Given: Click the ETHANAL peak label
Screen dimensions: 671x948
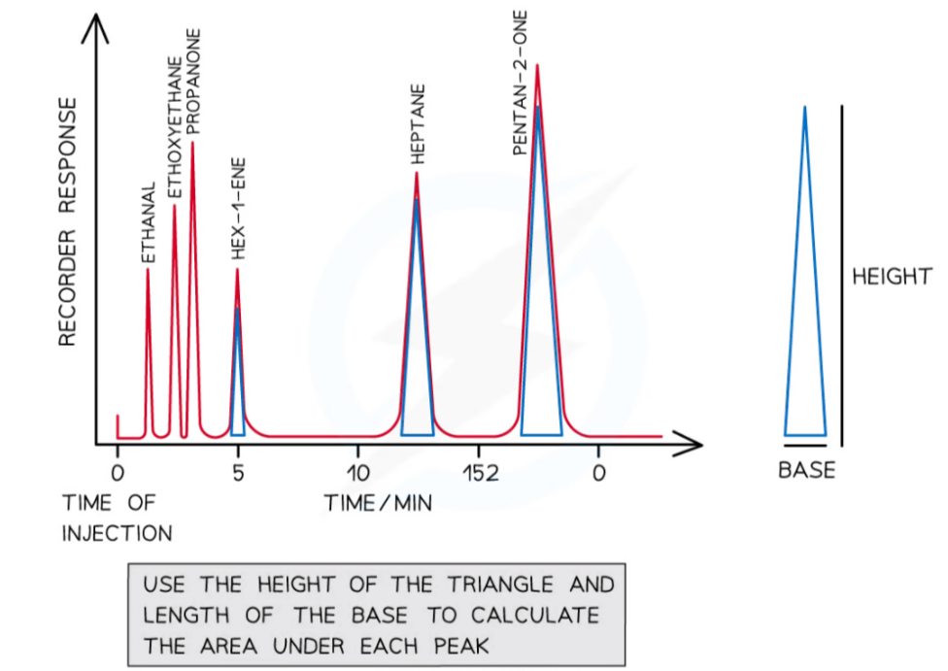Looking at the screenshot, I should (149, 223).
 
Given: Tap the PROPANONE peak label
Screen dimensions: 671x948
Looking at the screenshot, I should (192, 82).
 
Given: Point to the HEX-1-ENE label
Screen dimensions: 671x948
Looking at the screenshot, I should (238, 208).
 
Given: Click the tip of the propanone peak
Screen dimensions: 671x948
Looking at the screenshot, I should (192, 144).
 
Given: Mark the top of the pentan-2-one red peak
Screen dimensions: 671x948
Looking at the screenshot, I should (537, 65).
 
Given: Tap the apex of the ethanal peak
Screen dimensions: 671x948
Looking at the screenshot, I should (148, 269).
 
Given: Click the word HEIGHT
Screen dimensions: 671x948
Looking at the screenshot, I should (892, 277).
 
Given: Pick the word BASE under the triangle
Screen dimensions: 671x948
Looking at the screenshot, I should (806, 471).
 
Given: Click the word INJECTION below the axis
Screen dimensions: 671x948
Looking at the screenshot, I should (117, 533).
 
